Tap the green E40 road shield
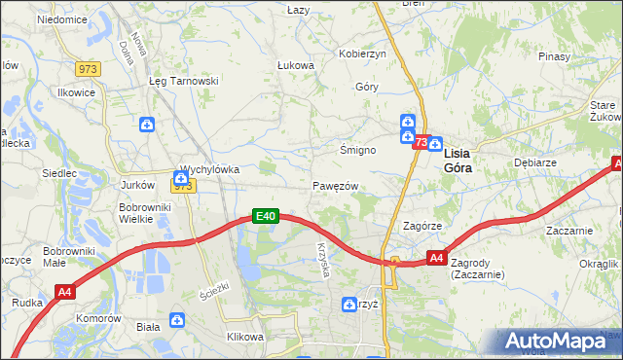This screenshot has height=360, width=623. coord(267,216)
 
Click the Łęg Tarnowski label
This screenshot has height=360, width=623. coord(182,82)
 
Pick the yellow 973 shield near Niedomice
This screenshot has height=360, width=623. coord(89,67)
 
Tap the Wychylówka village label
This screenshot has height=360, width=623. coord(210,168)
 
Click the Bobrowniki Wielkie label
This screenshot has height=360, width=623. coord(145,213)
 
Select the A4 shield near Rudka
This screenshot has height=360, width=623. coord(65,291)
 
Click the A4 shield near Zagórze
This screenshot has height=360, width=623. coord(437,259)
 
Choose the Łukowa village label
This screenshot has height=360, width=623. coord(295,66)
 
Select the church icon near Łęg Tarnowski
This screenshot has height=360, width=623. coord(146,124)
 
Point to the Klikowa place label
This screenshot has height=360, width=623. coord(245,337)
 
